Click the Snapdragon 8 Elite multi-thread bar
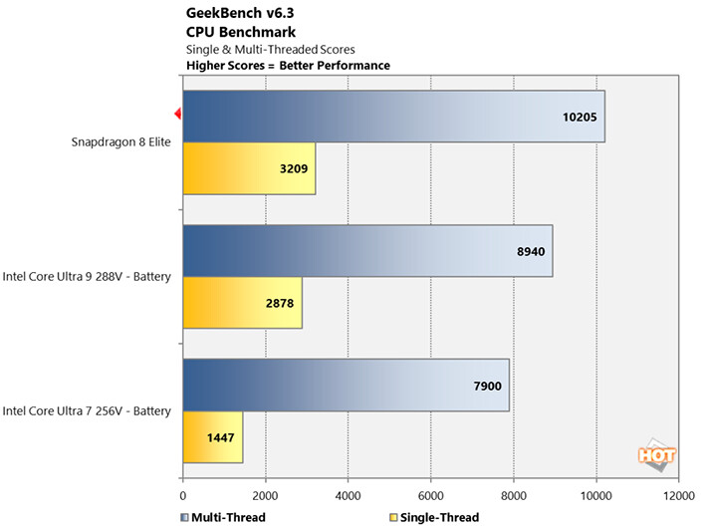393,118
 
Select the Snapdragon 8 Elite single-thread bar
249,168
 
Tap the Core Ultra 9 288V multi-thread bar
367,251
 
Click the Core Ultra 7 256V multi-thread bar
346,385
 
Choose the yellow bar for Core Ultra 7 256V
212,437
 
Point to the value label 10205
579,118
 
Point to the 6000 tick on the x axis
430,494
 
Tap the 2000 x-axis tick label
265,494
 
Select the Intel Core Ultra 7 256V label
88,410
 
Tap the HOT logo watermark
657,453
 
